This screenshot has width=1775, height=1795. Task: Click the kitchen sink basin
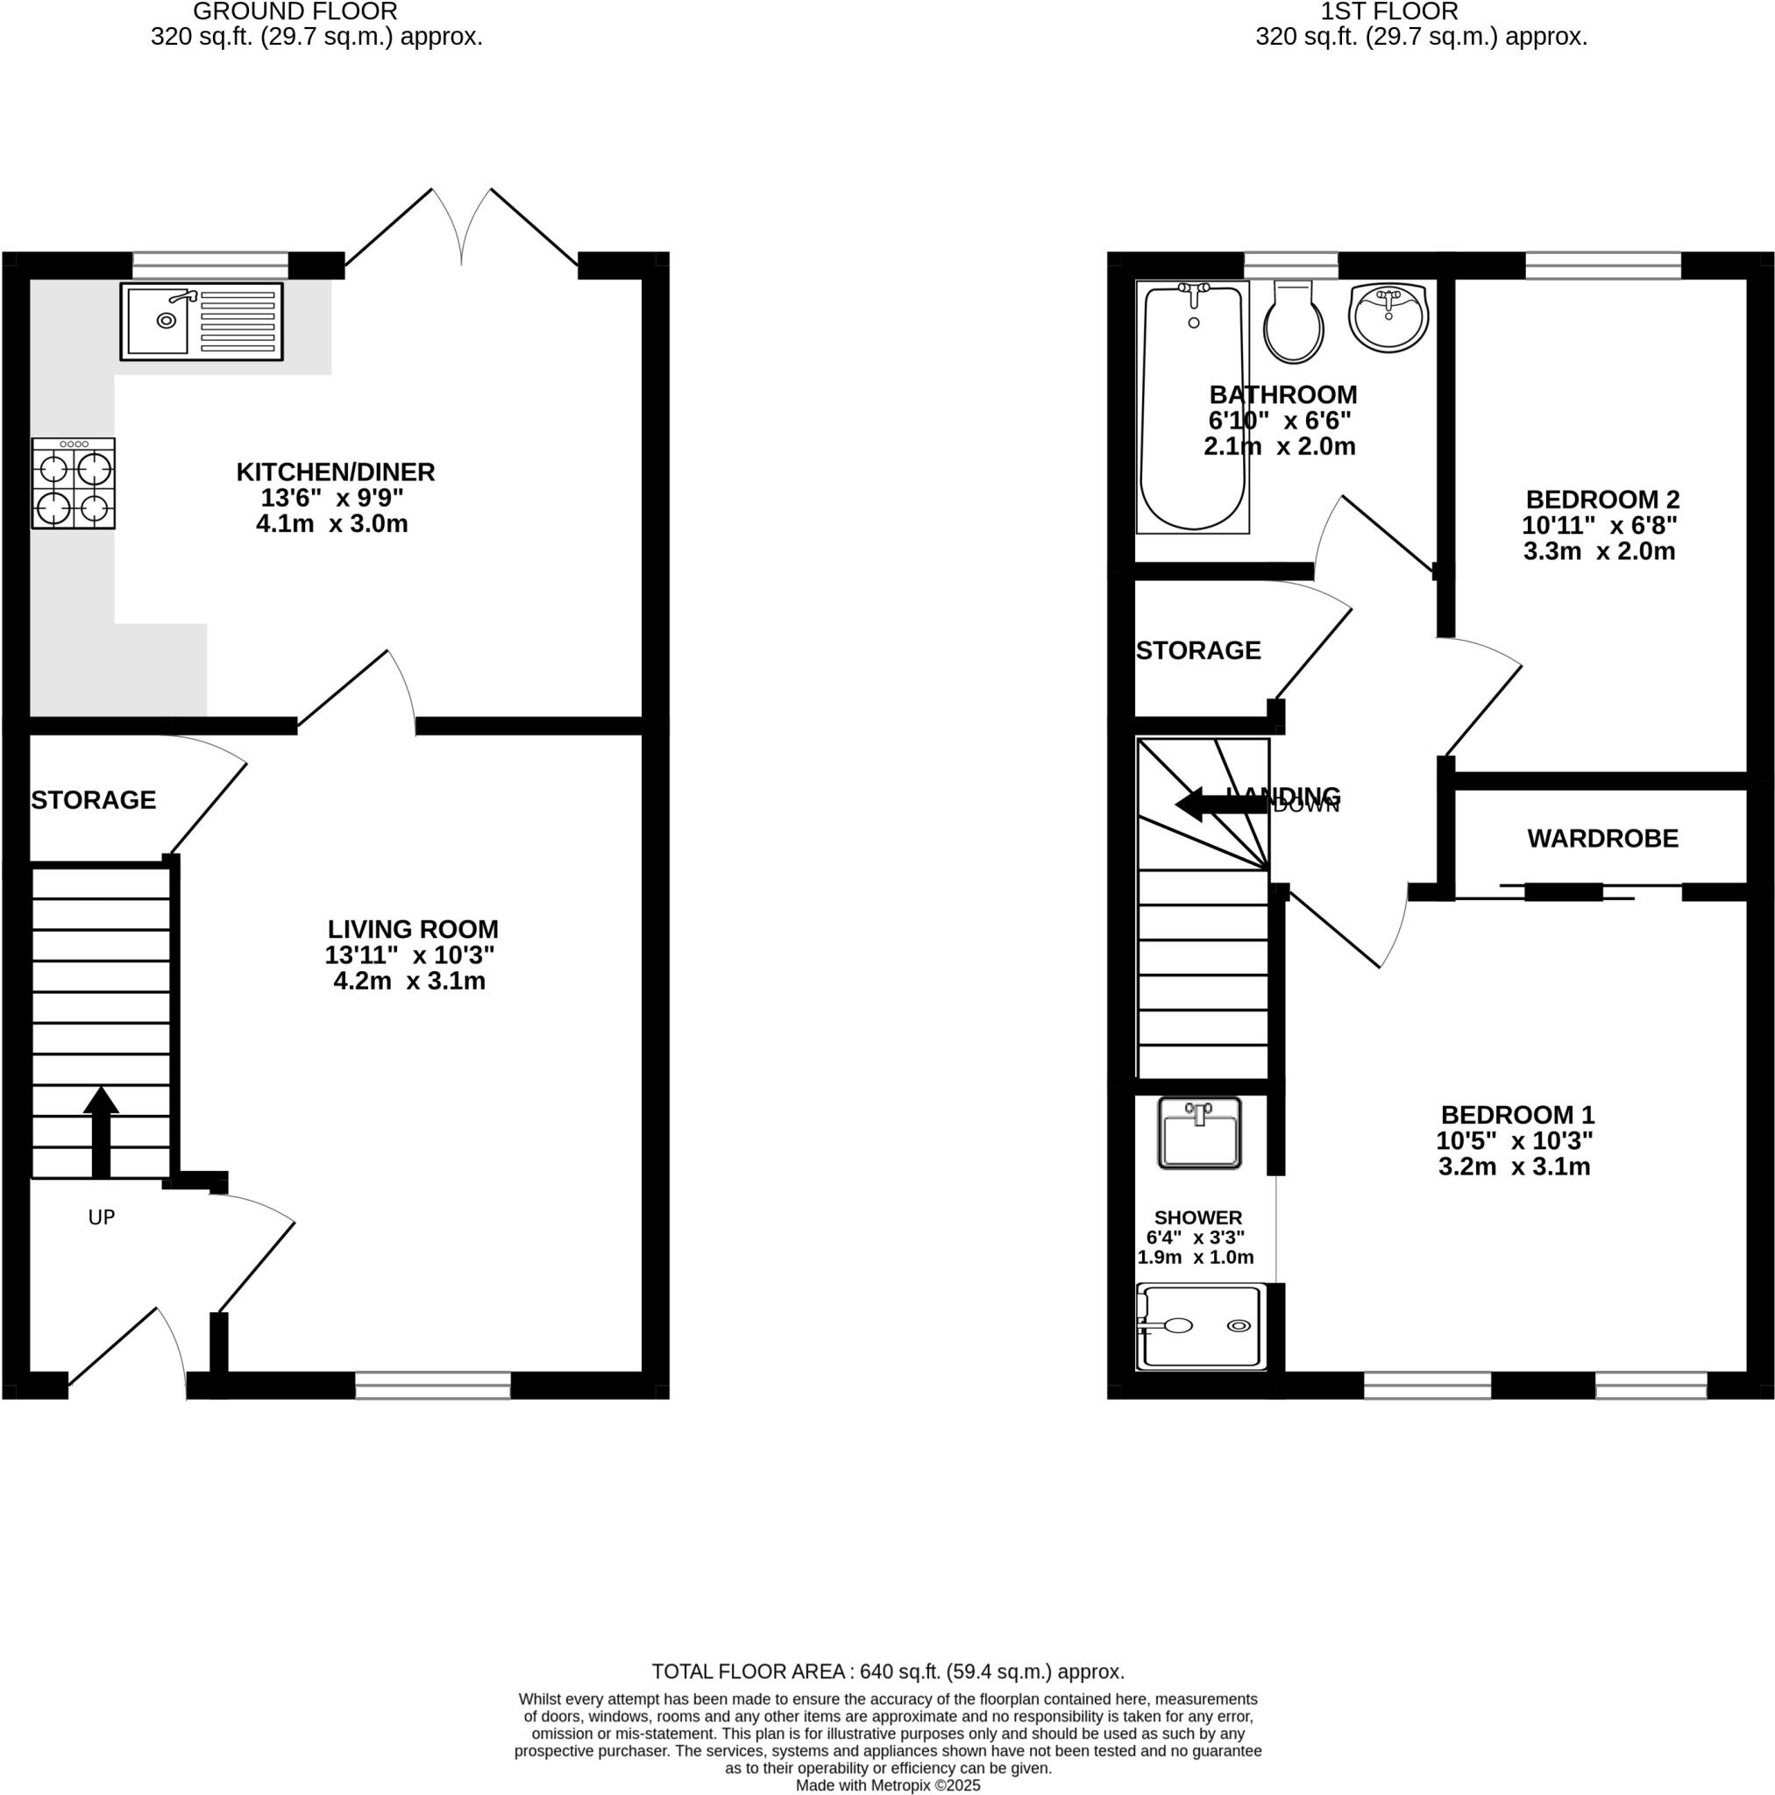[158, 322]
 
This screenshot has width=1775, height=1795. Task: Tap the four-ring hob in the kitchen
[74, 484]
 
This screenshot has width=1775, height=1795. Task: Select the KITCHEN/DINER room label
[336, 472]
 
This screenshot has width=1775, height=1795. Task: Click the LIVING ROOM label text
[413, 929]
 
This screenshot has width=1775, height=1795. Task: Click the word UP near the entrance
[102, 1217]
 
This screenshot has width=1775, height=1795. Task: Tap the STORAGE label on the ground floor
[93, 800]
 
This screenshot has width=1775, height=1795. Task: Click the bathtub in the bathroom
[1192, 408]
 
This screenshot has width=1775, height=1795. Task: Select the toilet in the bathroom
[1294, 323]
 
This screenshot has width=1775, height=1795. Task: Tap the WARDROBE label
[1602, 839]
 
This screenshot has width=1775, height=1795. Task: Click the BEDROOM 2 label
[1602, 500]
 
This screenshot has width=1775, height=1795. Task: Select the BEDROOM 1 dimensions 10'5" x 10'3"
[1514, 1140]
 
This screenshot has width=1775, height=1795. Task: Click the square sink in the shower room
[1199, 1133]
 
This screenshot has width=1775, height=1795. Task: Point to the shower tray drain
[1239, 1326]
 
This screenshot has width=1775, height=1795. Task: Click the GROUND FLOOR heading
[295, 12]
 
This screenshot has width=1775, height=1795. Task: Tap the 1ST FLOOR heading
[1388, 12]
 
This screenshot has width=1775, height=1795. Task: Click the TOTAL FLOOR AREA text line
[887, 1671]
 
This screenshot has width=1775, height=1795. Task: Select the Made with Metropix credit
[887, 1785]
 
